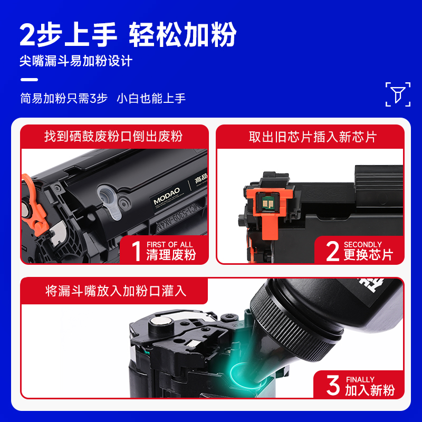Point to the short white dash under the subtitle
tap(29, 80)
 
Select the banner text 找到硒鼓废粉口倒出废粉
tap(113, 137)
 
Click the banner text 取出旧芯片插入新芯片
tap(312, 137)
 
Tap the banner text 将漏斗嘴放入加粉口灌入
tap(116, 291)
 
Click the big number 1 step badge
tap(136, 251)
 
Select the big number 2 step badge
tap(332, 251)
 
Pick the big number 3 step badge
tap(333, 386)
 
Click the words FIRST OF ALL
tap(169, 245)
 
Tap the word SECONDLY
tap(362, 245)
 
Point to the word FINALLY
tap(360, 380)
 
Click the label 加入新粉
tap(369, 390)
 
